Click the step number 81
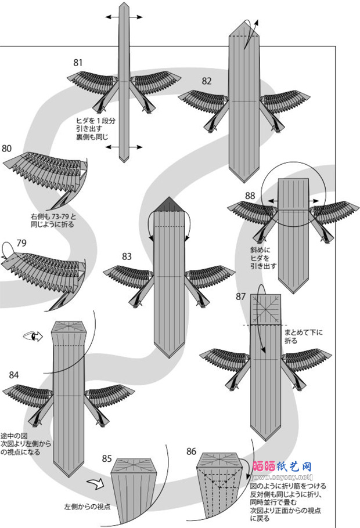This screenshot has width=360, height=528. coord(78,62)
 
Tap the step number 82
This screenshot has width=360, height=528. coord(207,81)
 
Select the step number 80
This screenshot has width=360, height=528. coord(6,148)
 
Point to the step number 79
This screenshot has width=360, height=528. coord(22,242)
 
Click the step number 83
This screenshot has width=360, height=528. coord(128,255)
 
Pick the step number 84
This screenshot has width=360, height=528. coord(14,375)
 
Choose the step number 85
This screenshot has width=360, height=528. coord(107,458)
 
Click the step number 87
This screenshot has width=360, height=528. coord(241,296)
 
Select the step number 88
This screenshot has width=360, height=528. coord(250,196)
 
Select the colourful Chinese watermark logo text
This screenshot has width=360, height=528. coord(283,466)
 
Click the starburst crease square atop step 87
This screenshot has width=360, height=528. coord(267,306)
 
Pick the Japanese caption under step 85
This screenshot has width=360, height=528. coord(87,507)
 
